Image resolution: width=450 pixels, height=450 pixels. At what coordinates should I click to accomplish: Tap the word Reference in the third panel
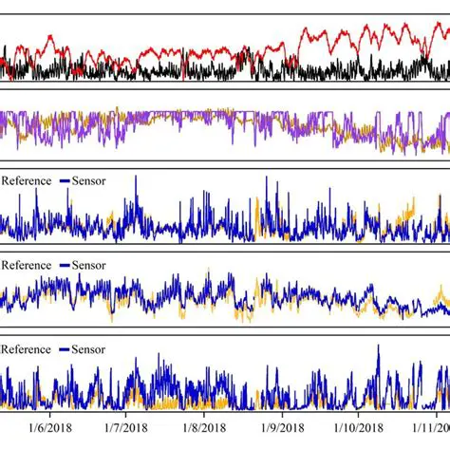tap(26, 178)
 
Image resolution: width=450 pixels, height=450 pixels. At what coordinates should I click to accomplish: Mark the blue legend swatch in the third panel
tap(64, 178)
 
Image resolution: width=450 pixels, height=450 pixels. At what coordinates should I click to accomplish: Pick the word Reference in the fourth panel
tap(26, 264)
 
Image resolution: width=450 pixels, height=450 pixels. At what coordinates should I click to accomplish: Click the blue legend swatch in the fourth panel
tap(64, 264)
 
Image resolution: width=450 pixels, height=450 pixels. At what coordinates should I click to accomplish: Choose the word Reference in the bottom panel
tap(26, 348)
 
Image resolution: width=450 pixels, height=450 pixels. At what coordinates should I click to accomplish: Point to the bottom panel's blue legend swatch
tap(64, 348)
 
